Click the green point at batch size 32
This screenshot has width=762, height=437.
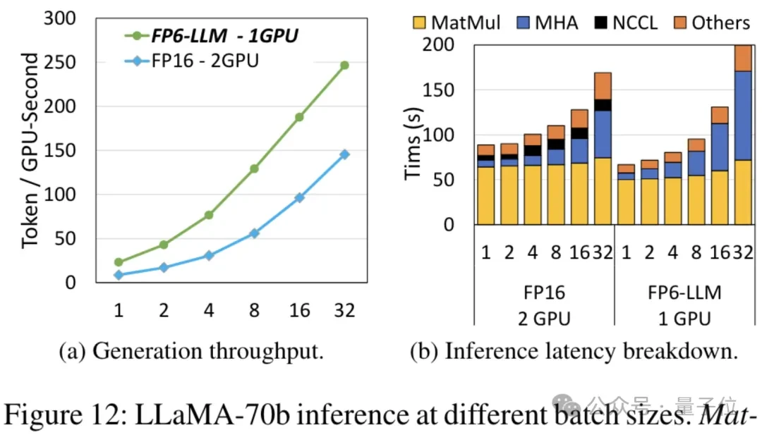tap(344, 66)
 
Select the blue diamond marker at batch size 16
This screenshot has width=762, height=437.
tap(299, 198)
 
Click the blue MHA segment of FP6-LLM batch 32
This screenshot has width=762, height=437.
tap(742, 116)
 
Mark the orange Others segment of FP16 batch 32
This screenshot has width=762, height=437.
tap(602, 85)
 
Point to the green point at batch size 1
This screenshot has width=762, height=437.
tap(119, 262)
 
